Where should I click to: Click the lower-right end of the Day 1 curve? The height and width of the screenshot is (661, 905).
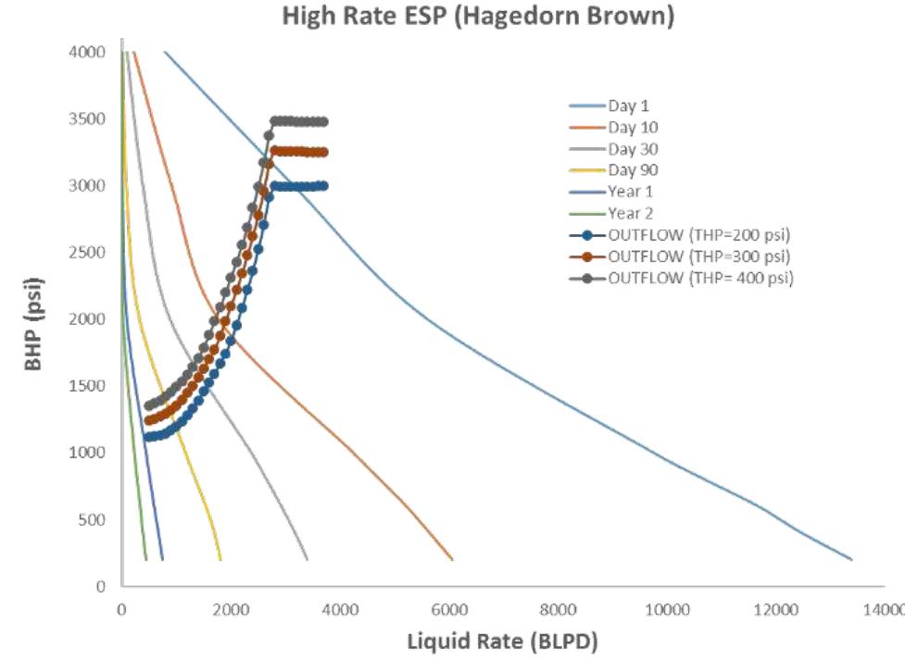pos(851,559)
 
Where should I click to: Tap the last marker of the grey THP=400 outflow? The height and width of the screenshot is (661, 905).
pos(323,121)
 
